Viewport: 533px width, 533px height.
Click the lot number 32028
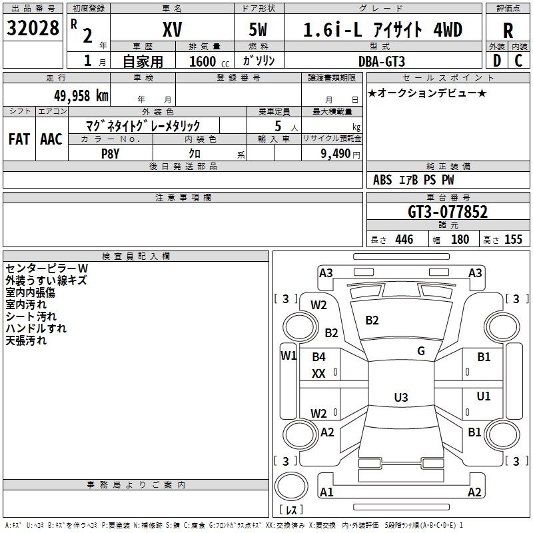(33, 28)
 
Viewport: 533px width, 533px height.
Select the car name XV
(173, 29)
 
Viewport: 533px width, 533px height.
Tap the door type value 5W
(258, 29)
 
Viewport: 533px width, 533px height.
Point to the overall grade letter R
(508, 31)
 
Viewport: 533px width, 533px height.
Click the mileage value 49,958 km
(81, 96)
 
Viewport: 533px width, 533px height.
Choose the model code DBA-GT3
(382, 61)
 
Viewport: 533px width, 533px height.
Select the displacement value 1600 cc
(209, 61)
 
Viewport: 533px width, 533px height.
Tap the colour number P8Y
(111, 154)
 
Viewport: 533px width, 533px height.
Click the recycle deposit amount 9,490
(336, 154)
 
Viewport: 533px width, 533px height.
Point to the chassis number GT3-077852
(448, 212)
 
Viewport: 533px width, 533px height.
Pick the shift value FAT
(19, 139)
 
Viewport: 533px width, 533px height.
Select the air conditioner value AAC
(51, 139)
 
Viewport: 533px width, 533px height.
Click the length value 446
(404, 239)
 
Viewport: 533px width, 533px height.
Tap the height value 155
(513, 239)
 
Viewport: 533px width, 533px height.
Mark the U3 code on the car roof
(401, 397)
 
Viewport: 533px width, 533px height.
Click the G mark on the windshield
(421, 350)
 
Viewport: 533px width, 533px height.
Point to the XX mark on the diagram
(318, 374)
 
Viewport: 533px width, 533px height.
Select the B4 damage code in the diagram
(319, 357)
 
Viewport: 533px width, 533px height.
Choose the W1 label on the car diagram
(288, 356)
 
